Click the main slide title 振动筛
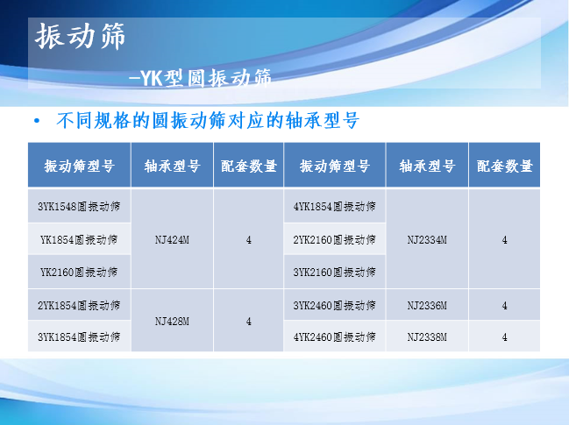point(80,36)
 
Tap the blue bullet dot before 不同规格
point(37,121)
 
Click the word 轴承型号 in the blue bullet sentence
point(323,120)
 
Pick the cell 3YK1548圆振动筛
point(79,206)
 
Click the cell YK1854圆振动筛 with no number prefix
point(79,239)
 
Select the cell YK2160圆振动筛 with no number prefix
point(79,272)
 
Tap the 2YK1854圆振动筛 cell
point(79,305)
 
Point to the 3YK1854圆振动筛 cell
point(79,336)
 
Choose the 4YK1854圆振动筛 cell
point(335,206)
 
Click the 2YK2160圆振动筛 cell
point(335,239)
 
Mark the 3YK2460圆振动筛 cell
point(335,305)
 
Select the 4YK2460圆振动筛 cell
point(335,336)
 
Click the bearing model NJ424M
point(172,240)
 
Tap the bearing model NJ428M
point(172,322)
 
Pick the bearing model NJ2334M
point(427,240)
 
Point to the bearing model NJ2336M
point(427,305)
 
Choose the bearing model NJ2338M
point(427,336)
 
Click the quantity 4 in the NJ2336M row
point(504,305)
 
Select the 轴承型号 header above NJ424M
point(172,166)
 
